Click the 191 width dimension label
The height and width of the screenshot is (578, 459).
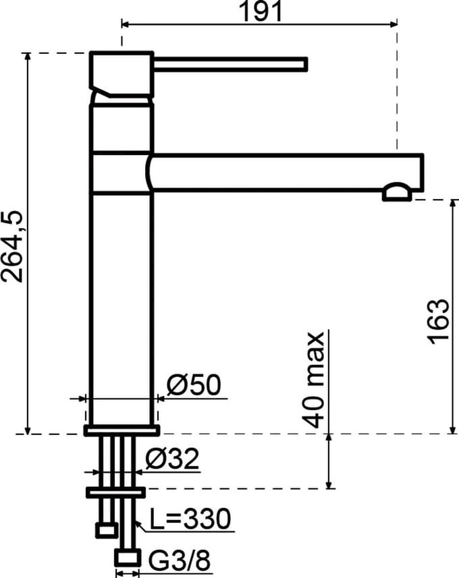(x=261, y=11)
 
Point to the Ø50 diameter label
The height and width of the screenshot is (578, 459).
(x=194, y=384)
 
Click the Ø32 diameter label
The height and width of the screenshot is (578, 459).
(x=172, y=459)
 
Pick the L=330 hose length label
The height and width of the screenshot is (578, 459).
(x=190, y=518)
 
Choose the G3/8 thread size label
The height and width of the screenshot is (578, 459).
(x=180, y=560)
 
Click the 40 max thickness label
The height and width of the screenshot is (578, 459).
(x=313, y=380)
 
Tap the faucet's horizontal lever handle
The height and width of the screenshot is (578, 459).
(x=230, y=64)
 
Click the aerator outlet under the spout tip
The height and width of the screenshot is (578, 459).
(x=397, y=192)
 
